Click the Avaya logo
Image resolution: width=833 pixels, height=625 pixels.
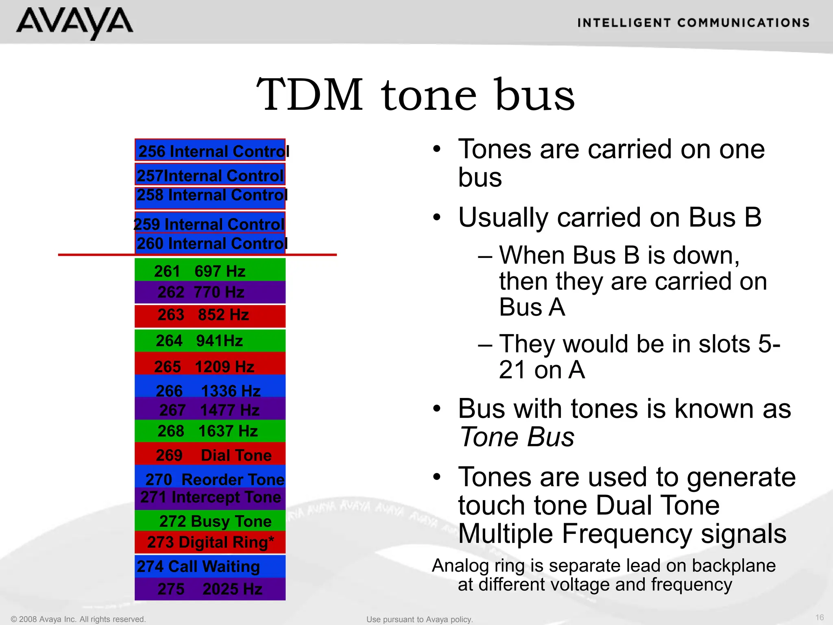(74, 23)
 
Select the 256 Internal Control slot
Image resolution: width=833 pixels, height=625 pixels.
(210, 151)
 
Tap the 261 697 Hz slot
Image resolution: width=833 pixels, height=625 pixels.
(210, 270)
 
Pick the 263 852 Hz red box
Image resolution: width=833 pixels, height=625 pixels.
(210, 315)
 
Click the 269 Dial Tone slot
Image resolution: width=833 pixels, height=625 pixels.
(210, 455)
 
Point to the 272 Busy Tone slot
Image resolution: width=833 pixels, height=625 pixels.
(210, 521)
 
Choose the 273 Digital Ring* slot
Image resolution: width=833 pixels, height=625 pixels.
(210, 542)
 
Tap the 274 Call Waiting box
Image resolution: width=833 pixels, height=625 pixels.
(210, 566)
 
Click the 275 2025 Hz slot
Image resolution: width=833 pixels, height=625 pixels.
(210, 589)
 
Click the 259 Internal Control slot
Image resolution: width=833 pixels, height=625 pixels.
(210, 223)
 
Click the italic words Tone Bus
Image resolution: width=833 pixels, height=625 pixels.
(517, 437)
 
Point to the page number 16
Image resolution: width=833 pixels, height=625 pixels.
(820, 617)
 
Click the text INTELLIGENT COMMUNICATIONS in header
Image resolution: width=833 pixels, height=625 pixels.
(693, 23)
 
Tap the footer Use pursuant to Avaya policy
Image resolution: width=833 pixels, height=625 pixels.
(419, 619)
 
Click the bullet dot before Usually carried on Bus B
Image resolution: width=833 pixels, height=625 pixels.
(437, 218)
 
